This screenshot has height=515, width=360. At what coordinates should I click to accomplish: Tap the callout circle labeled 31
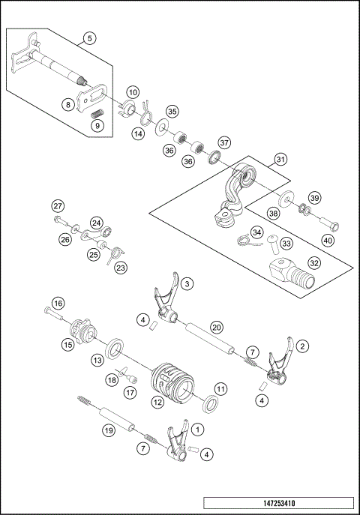point(279,159)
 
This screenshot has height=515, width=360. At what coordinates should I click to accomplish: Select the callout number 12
point(157,402)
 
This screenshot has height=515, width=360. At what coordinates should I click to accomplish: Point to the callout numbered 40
point(328,241)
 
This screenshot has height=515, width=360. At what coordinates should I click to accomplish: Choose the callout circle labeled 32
point(314,262)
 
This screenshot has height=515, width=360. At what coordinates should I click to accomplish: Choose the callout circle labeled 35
point(172,112)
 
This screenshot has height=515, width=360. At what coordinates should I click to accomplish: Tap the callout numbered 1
point(196,430)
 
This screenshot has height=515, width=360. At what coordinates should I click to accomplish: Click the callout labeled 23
point(121,266)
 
